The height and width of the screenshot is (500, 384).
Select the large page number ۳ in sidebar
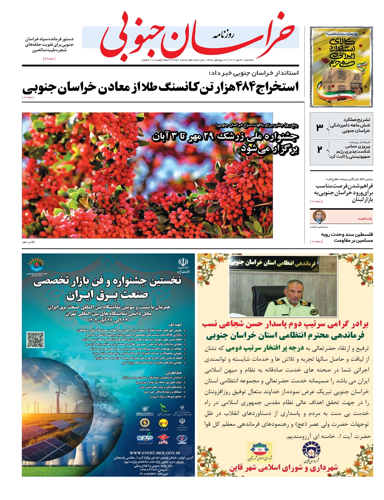319,127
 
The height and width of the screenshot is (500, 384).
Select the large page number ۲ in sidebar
319,149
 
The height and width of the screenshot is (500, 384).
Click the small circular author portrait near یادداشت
319,217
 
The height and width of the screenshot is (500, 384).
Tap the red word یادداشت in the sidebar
364,218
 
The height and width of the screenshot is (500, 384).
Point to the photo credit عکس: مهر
28,242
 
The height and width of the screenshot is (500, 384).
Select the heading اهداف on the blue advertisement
174,325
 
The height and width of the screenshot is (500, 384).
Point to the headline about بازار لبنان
344,193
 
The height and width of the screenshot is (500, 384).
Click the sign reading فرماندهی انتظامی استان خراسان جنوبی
284,263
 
